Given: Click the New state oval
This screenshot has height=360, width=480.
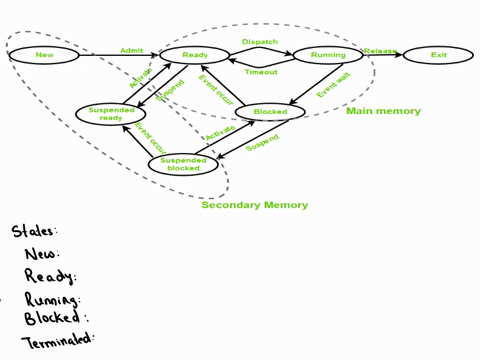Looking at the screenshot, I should (x=44, y=55).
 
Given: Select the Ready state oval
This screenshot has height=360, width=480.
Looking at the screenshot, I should (x=195, y=55).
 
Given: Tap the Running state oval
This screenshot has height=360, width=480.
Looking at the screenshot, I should (x=328, y=55).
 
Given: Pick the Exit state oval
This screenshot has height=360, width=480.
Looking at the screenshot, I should (x=438, y=55).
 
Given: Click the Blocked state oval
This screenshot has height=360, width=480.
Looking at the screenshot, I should (x=269, y=112).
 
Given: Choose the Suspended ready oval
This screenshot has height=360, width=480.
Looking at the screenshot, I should (x=111, y=115).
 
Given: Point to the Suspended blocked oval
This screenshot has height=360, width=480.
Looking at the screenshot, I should (x=183, y=165).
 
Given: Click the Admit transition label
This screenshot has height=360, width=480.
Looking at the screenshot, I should (x=131, y=50).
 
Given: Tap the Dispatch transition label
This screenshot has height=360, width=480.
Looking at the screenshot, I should (x=260, y=42).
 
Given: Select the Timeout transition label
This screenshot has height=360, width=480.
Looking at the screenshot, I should (x=261, y=72).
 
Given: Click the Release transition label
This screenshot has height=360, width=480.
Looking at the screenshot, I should (x=381, y=50).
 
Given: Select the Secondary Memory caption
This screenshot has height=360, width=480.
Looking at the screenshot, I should (x=254, y=205).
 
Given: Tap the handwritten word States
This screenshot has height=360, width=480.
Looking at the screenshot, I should (x=35, y=231).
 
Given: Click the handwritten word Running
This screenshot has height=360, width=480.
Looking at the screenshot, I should (x=53, y=298).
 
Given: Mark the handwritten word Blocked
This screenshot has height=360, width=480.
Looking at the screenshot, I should (x=54, y=318).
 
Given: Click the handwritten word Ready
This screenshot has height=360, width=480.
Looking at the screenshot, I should (x=49, y=275).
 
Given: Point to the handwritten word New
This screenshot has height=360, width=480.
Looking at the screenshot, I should (x=42, y=253).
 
